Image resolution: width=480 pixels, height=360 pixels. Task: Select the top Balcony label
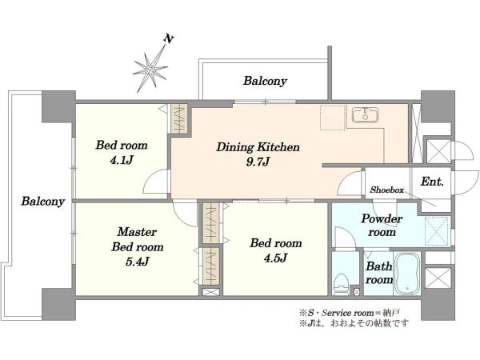[x=265, y=81]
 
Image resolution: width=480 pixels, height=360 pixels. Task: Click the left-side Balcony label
[x=42, y=201]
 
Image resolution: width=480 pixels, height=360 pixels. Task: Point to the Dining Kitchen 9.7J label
[x=258, y=154]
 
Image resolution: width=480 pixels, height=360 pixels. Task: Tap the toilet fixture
[x=342, y=280]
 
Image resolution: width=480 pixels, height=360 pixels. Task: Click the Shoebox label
[x=386, y=190]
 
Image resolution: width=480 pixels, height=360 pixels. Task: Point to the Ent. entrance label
[x=431, y=182]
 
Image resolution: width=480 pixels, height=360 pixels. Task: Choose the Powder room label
[x=382, y=226]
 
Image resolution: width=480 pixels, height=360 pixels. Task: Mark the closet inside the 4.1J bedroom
[x=179, y=119]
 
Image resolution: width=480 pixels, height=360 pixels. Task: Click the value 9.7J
[x=258, y=162]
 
